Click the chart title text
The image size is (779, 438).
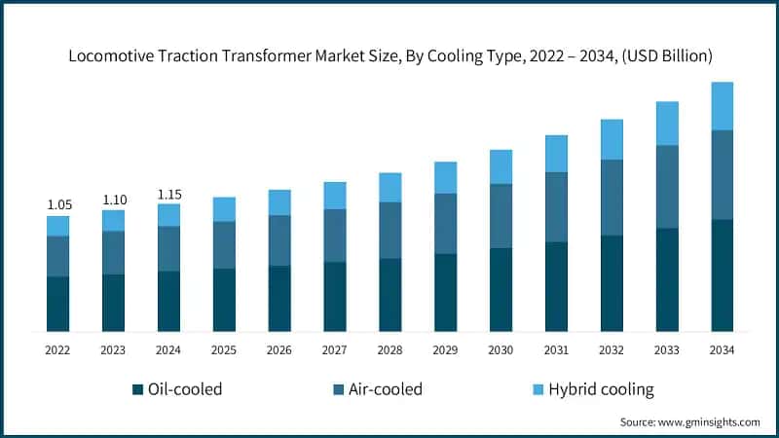[389, 56]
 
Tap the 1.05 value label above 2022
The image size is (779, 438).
[58, 204]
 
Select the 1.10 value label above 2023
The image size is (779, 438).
[114, 199]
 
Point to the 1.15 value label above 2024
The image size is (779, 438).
[169, 193]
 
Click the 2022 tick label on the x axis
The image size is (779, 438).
[58, 349]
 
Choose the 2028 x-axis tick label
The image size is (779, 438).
[390, 349]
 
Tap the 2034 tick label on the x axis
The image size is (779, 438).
[722, 349]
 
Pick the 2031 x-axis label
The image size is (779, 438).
[556, 349]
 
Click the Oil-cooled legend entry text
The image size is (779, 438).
[185, 389]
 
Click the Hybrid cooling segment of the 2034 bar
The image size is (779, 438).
[722, 106]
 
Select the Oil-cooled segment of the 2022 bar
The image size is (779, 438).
[58, 304]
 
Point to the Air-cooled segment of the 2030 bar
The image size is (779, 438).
[501, 216]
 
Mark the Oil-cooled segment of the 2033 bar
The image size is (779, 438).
[666, 279]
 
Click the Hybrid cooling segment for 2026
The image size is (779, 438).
[279, 202]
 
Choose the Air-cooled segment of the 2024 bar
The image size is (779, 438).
[169, 249]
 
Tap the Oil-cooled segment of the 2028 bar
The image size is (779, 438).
[390, 295]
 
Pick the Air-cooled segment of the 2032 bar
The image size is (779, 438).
[612, 198]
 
